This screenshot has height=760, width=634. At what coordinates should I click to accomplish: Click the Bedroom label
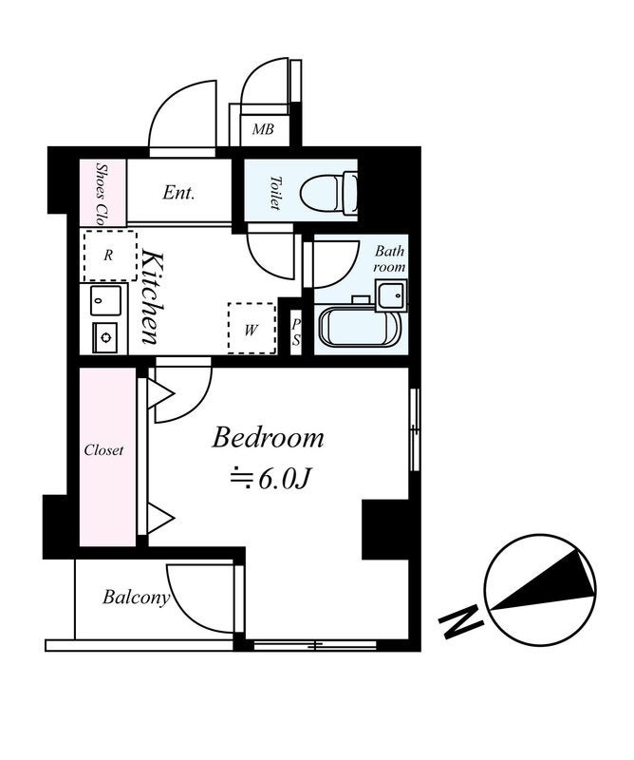pos(268,438)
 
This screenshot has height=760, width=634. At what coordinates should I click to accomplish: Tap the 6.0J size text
pos(284,480)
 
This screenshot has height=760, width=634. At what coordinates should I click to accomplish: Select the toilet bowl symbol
pos(329,194)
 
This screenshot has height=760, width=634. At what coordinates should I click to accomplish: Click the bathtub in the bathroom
pos(360,327)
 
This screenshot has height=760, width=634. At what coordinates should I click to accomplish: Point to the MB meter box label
pos(263,129)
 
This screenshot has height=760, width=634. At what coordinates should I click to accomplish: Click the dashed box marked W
pos(252,329)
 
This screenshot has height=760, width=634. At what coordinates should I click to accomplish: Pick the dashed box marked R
pos(110,256)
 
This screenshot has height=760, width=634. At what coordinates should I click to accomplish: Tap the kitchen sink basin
pos(105,300)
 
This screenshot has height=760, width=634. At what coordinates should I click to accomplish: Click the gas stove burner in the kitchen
pos(105,337)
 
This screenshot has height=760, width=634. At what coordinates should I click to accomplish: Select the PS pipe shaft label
pos(296,332)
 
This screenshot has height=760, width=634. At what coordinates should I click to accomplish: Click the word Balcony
pos(136,598)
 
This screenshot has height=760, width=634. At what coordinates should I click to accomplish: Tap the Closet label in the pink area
pos(103,450)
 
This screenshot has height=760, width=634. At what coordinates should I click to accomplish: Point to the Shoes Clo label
pos(101,194)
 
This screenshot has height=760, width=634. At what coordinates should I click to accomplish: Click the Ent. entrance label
pos(178,193)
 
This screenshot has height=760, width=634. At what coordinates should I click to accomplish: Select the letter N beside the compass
pos(460,621)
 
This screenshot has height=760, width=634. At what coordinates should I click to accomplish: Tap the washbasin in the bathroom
pos(391,295)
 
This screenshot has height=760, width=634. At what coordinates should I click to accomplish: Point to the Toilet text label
pos(275,193)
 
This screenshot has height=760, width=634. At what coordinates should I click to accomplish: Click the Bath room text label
pos(389,258)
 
